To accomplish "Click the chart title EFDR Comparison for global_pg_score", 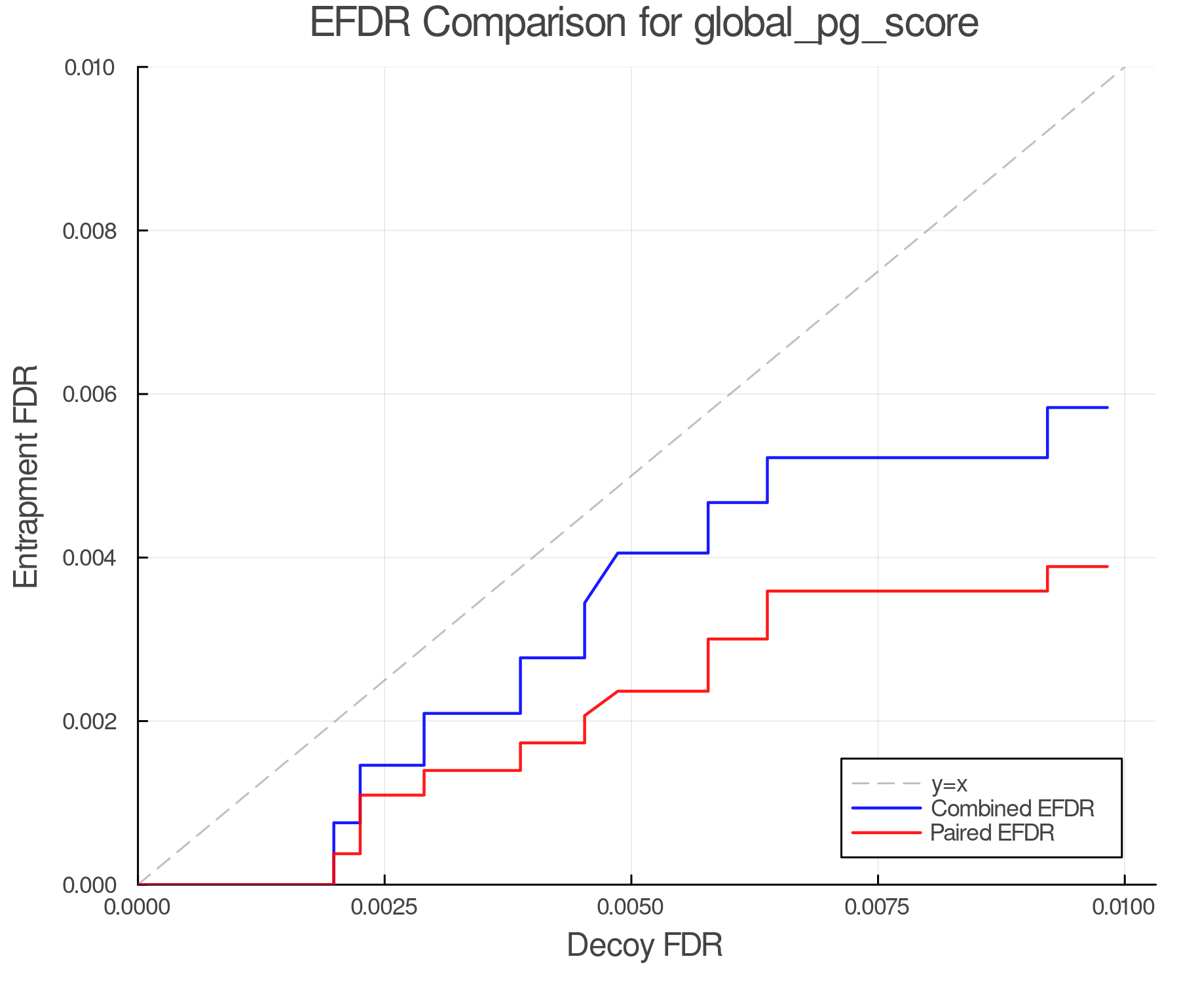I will click(x=644, y=24).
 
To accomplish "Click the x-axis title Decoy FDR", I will click(x=644, y=945).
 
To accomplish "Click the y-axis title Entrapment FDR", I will click(x=27, y=476).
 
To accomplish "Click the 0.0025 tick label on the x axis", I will click(x=384, y=907).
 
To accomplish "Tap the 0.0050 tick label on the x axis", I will click(x=631, y=907).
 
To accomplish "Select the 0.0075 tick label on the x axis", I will click(x=878, y=907).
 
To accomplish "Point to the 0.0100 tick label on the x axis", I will click(x=1124, y=907).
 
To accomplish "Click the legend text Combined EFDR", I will click(x=1012, y=809).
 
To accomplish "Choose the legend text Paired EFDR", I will click(x=992, y=833).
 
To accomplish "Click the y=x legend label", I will click(x=949, y=784).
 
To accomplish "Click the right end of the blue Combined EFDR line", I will click(x=1107, y=408).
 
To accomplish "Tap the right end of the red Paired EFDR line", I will click(x=1107, y=566).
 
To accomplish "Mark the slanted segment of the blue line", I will click(x=601, y=578).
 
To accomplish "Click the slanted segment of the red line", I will click(x=601, y=704).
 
